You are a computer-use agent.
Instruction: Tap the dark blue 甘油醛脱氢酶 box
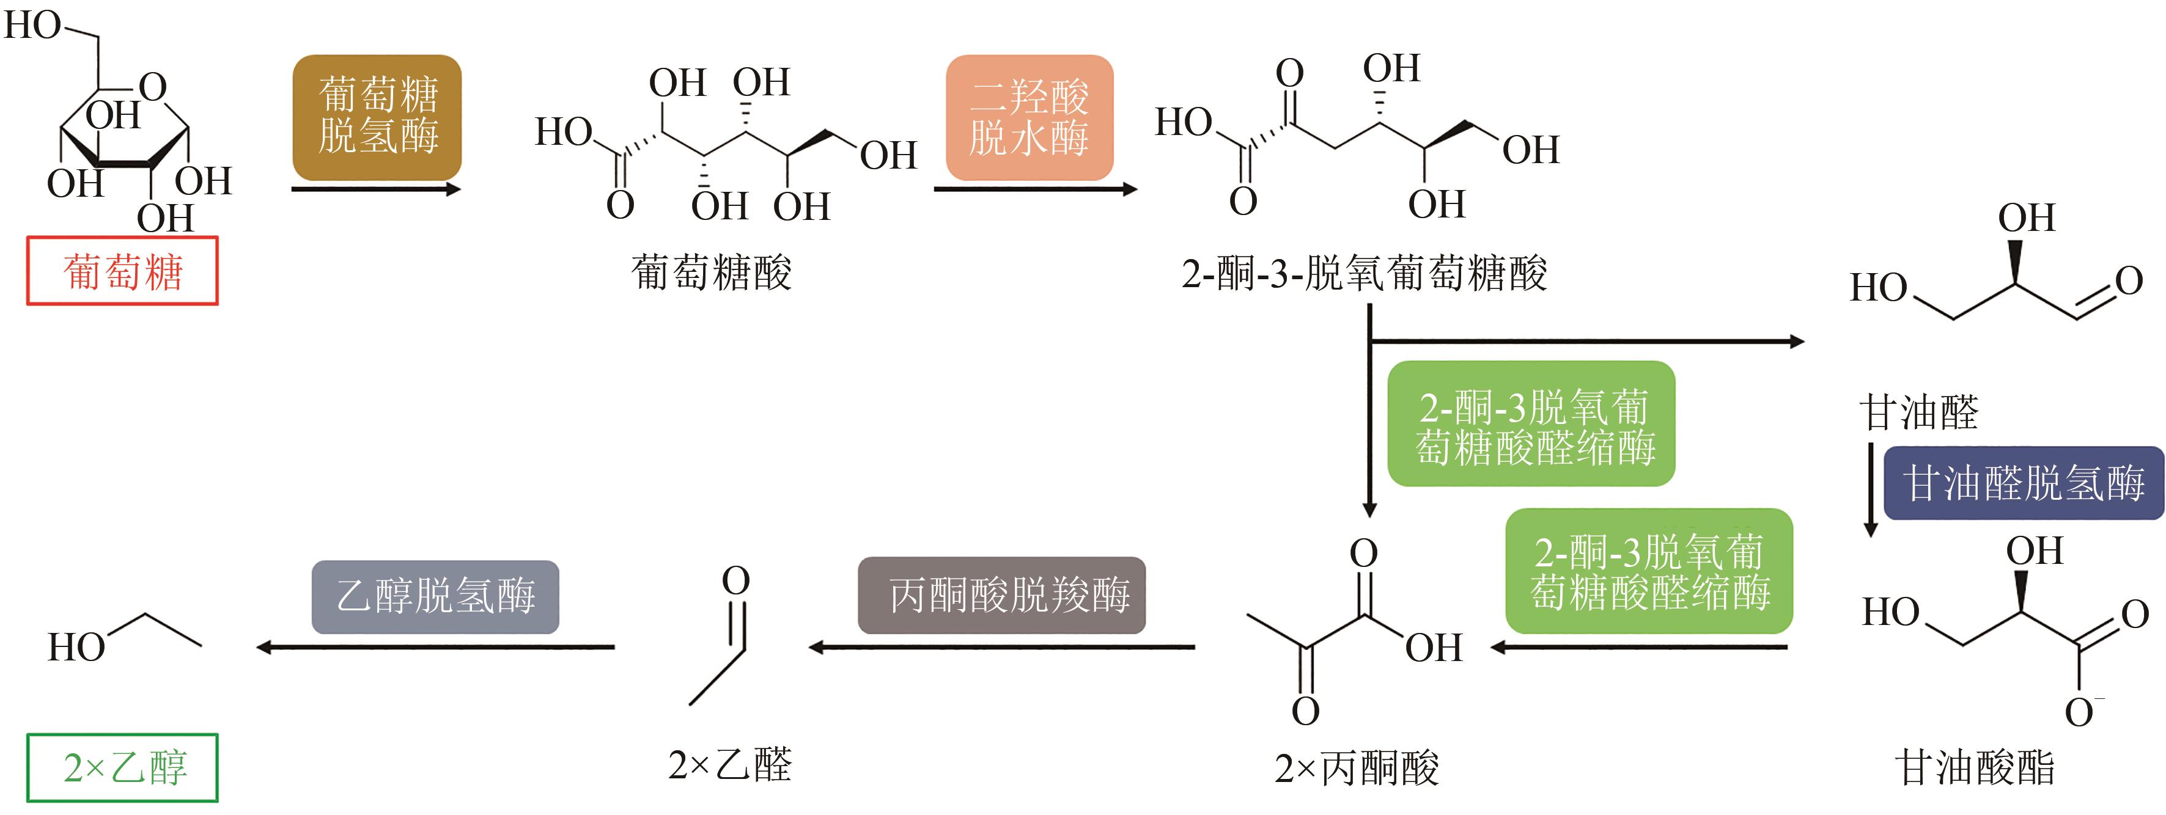point(2023,483)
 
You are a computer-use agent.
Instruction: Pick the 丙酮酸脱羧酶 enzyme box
point(1001,595)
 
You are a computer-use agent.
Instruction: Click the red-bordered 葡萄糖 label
point(123,271)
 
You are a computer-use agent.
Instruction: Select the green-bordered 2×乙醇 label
point(123,768)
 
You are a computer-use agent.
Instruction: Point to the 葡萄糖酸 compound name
point(712,273)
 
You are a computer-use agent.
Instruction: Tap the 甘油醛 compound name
point(1919,412)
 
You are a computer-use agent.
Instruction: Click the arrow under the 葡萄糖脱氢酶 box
point(376,189)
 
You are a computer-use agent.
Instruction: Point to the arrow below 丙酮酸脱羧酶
point(1001,647)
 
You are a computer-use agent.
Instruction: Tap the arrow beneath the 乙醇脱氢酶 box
point(435,647)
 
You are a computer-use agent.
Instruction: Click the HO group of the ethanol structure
point(76,648)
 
